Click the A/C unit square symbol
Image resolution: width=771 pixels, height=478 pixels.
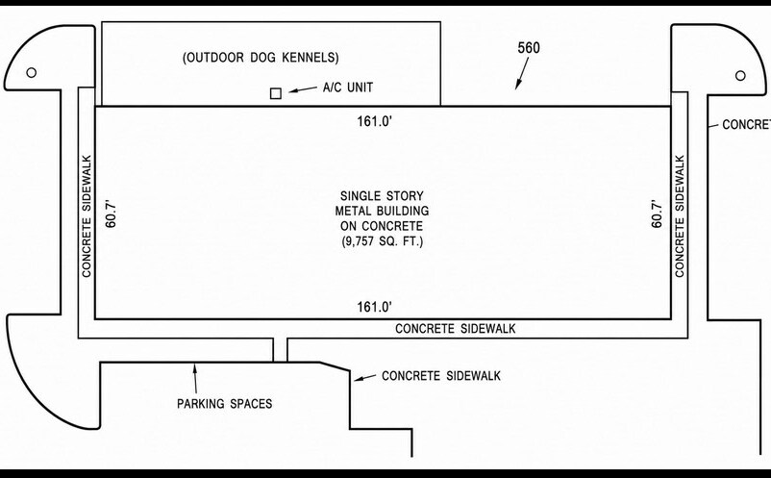coord(276,93)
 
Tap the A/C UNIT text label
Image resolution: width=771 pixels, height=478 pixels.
coord(348,88)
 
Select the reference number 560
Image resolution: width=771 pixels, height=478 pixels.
coord(529,48)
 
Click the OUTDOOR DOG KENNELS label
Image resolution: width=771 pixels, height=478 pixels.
coord(261,58)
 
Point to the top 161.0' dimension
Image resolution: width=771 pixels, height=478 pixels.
coord(374,121)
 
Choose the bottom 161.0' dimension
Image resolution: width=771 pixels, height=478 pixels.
coord(374,307)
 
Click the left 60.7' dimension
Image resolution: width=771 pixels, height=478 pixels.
coord(112,213)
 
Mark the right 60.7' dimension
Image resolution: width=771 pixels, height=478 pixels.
coord(657,213)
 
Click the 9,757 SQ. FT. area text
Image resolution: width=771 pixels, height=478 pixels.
coord(382,241)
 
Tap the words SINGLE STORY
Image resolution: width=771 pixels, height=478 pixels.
coord(382,196)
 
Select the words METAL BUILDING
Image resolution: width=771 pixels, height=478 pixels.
coord(382,211)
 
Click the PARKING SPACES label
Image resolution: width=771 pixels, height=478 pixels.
coord(225,404)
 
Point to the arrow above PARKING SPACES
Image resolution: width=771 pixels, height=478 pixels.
coord(195,378)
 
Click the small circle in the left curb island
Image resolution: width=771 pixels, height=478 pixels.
coord(31,73)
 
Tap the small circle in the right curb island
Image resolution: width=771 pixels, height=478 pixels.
coord(740,75)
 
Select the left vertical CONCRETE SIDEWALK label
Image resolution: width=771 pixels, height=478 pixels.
coord(87,216)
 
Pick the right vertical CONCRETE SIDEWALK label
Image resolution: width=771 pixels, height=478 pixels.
coord(680,216)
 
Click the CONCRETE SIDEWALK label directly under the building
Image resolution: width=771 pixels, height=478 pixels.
coord(456,329)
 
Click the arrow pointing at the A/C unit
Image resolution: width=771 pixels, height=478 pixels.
coord(303,89)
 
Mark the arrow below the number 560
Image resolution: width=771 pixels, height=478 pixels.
coord(522,73)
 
